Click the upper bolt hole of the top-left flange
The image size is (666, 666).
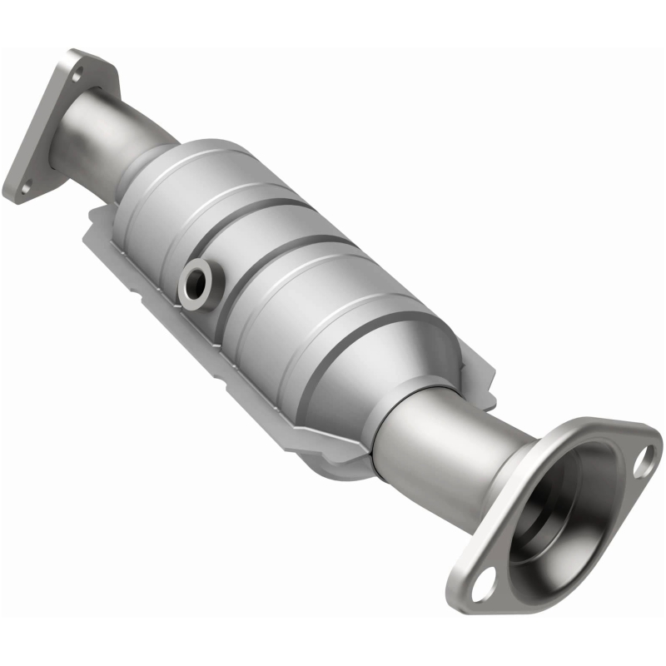pos(77,76)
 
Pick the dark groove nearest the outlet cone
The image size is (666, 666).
pos(366,333)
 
